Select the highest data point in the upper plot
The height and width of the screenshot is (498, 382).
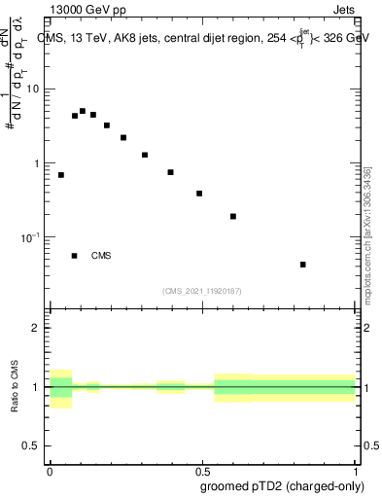[83, 112]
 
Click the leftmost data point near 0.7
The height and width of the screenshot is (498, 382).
[61, 175]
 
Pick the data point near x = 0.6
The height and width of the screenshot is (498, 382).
[233, 216]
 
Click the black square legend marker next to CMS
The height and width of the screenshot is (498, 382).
[74, 256]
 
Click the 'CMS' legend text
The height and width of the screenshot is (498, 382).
[101, 257]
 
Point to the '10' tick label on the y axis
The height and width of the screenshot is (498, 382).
[33, 89]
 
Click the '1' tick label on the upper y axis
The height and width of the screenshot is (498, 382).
[37, 163]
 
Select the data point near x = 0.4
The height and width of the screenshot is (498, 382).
[170, 172]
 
